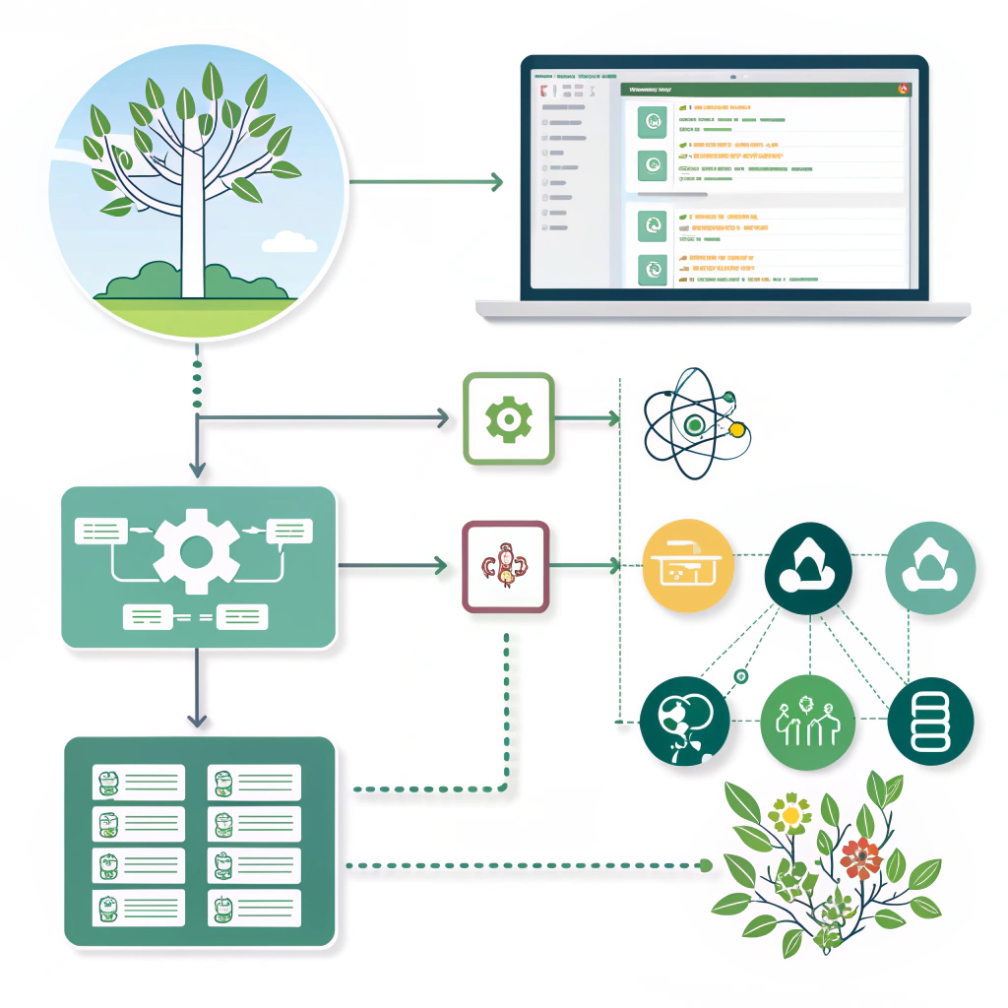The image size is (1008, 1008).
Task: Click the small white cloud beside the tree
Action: point(289,241)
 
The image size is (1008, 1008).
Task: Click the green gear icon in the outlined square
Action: point(508,419)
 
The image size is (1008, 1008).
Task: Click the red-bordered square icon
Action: point(505,567)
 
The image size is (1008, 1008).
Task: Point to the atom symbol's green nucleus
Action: point(695,424)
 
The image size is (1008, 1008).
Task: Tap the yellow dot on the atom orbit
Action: point(735,429)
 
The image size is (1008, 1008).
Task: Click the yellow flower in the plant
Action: point(789,814)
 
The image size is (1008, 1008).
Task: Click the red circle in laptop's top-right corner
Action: point(903,89)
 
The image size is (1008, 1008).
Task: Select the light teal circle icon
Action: point(930,568)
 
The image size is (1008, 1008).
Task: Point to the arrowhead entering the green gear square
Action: point(442,419)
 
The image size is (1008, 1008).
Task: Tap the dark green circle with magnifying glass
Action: point(684,721)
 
